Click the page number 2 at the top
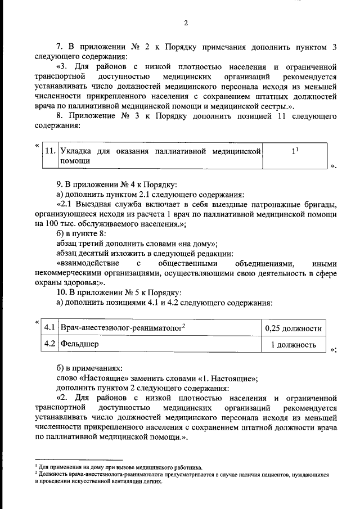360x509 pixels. point(185,23)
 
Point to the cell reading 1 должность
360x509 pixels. point(293,344)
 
